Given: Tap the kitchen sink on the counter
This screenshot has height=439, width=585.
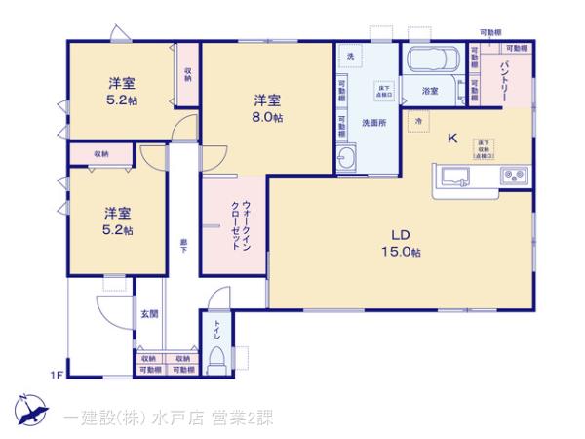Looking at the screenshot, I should point(456,177).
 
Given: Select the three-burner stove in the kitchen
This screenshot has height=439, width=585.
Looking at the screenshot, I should point(514,177).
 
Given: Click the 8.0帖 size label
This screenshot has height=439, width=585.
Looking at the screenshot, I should point(268,117).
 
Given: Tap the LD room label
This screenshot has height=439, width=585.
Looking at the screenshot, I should point(401,235).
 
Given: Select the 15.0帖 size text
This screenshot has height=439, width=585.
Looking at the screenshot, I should point(401,253).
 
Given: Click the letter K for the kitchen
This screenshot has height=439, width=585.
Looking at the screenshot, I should point(452,138).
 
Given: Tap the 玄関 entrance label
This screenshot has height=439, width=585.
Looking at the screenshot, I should point(149,313).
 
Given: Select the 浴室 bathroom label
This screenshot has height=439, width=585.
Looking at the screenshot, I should point(430,90).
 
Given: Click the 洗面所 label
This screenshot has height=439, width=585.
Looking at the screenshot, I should point(375,124).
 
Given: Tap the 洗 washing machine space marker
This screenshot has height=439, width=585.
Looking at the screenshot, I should point(351,54).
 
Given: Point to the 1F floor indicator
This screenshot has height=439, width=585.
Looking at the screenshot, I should point(58,374).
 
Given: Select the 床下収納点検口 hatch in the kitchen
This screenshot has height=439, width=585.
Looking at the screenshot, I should point(483,147).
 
